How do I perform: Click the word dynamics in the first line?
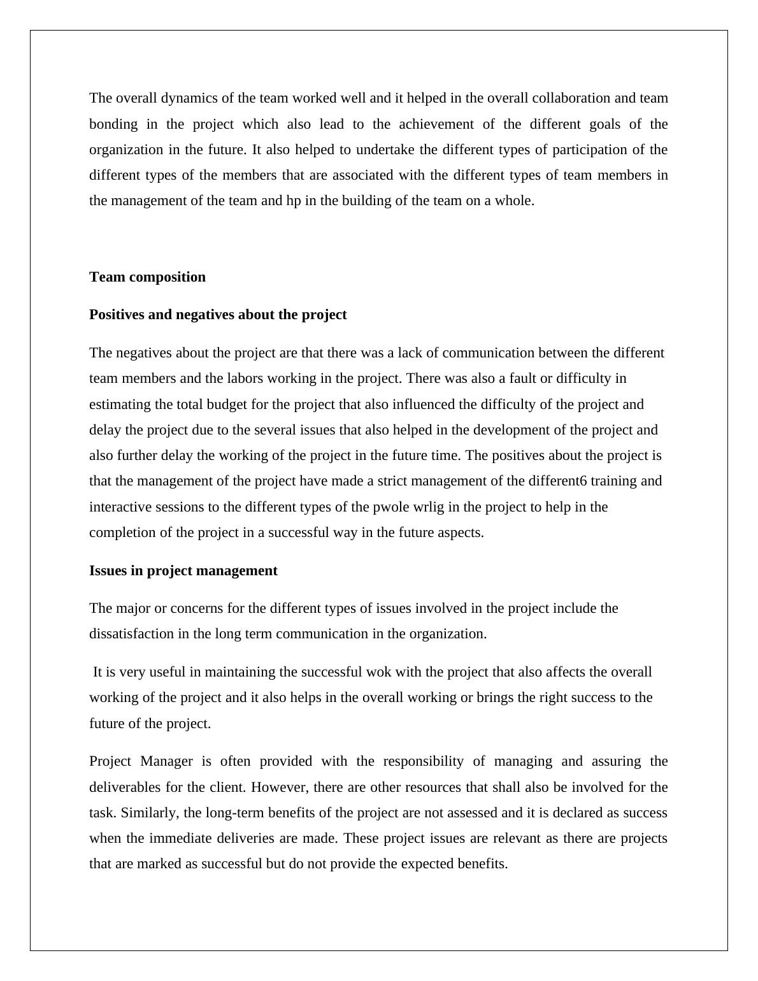168,98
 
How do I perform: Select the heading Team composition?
147,277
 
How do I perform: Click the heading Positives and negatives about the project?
218,315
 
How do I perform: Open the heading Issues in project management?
183,571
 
